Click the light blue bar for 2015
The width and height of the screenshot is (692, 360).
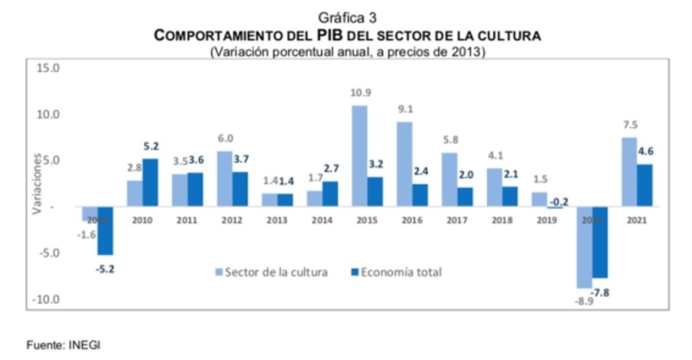tap(360, 156)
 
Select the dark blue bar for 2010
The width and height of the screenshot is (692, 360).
tap(150, 182)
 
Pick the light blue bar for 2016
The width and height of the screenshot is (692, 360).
tap(405, 164)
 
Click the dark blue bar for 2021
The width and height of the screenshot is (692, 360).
tap(644, 185)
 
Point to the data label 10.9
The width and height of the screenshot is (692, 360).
tap(361, 93)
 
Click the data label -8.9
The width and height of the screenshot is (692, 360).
tap(583, 302)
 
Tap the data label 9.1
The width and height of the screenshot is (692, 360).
tap(405, 109)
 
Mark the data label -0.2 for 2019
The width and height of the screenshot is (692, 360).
tap(558, 201)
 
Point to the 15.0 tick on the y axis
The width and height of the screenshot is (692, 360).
tap(48, 68)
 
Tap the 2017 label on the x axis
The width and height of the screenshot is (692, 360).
tap(457, 221)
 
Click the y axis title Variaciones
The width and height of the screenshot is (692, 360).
tap(37, 183)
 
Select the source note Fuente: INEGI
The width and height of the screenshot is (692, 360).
tap(63, 345)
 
